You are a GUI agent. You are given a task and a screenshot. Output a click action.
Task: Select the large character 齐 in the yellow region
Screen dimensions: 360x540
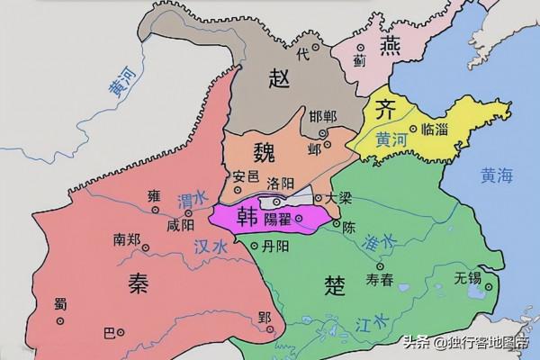(381, 112)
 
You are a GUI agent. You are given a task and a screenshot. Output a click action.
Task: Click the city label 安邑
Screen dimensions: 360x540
(246, 175)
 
